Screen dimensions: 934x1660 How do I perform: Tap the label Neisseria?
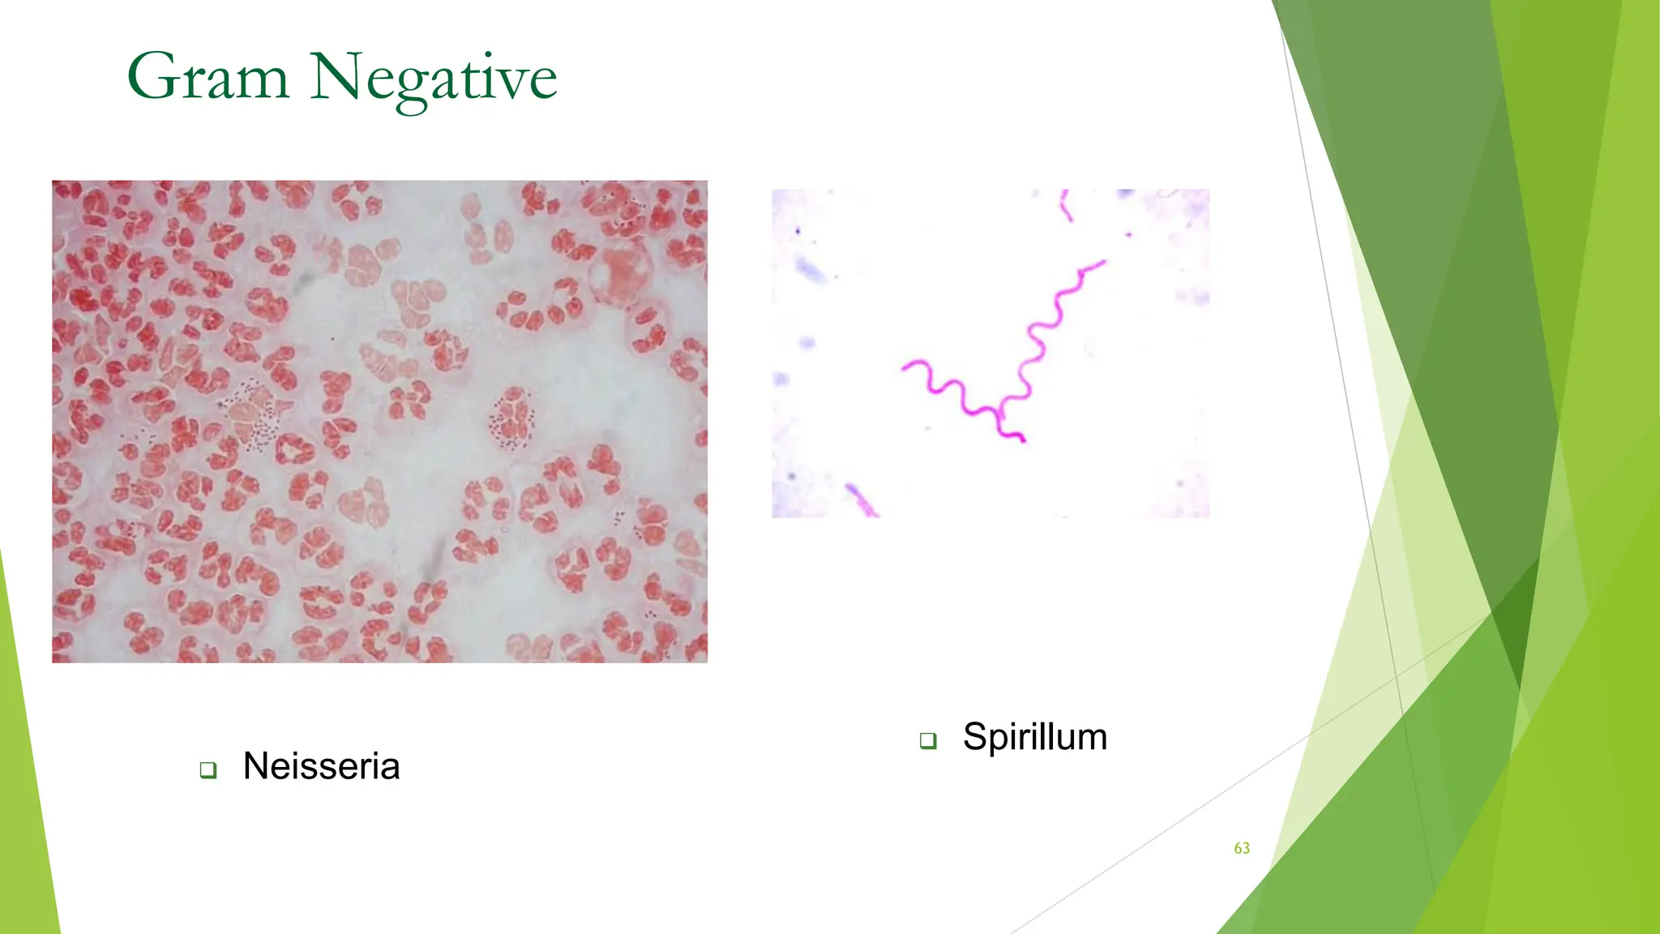pyautogui.click(x=321, y=766)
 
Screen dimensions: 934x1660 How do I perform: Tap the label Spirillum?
pyautogui.click(x=1034, y=737)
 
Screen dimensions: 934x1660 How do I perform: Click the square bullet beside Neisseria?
pyautogui.click(x=208, y=769)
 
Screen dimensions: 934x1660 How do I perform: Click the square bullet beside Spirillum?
pyautogui.click(x=928, y=740)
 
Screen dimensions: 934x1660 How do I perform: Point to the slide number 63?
pyautogui.click(x=1242, y=848)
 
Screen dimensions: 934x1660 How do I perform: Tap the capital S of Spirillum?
pyautogui.click(x=977, y=737)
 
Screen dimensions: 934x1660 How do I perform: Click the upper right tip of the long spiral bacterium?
pyautogui.click(x=1102, y=262)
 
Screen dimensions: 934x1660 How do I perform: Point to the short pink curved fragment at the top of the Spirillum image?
pyautogui.click(x=1067, y=206)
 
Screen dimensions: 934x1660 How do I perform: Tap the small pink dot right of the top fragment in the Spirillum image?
pyautogui.click(x=1128, y=234)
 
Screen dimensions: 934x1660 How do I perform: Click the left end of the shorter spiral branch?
pyautogui.click(x=905, y=369)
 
